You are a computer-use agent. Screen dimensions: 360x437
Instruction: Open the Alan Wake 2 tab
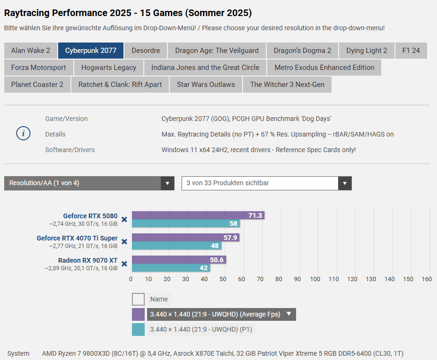[31, 51]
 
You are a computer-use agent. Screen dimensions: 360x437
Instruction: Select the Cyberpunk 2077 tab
[90, 51]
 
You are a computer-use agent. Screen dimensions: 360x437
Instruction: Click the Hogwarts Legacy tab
[109, 68]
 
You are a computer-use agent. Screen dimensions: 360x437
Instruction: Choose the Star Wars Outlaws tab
[206, 85]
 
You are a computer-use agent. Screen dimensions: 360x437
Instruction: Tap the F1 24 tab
[411, 51]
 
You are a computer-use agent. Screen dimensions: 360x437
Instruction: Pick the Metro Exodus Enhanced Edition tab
[324, 68]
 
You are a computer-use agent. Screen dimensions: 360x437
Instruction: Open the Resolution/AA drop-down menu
[89, 183]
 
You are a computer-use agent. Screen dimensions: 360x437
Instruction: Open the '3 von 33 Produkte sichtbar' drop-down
[266, 183]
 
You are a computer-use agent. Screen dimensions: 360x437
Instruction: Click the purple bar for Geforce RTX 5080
[189, 215]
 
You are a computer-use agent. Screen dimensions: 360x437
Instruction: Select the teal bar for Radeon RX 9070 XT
[170, 268]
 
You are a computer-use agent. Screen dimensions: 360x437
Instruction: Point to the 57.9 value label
[230, 238]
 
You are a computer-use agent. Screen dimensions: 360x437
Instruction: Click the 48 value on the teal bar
[215, 246]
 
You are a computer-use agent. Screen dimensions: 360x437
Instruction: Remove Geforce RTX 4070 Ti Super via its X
[124, 241]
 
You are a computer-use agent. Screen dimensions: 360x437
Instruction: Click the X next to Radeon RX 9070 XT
[124, 264]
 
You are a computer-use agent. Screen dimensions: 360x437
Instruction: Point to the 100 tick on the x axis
[315, 279]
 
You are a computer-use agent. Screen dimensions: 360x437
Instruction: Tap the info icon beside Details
[23, 134]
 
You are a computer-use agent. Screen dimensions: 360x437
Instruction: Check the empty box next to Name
[138, 299]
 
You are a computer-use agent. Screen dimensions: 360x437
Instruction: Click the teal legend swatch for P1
[138, 329]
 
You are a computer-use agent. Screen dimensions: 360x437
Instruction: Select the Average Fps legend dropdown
[221, 314]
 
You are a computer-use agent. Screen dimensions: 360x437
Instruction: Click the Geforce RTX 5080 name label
[90, 216]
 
